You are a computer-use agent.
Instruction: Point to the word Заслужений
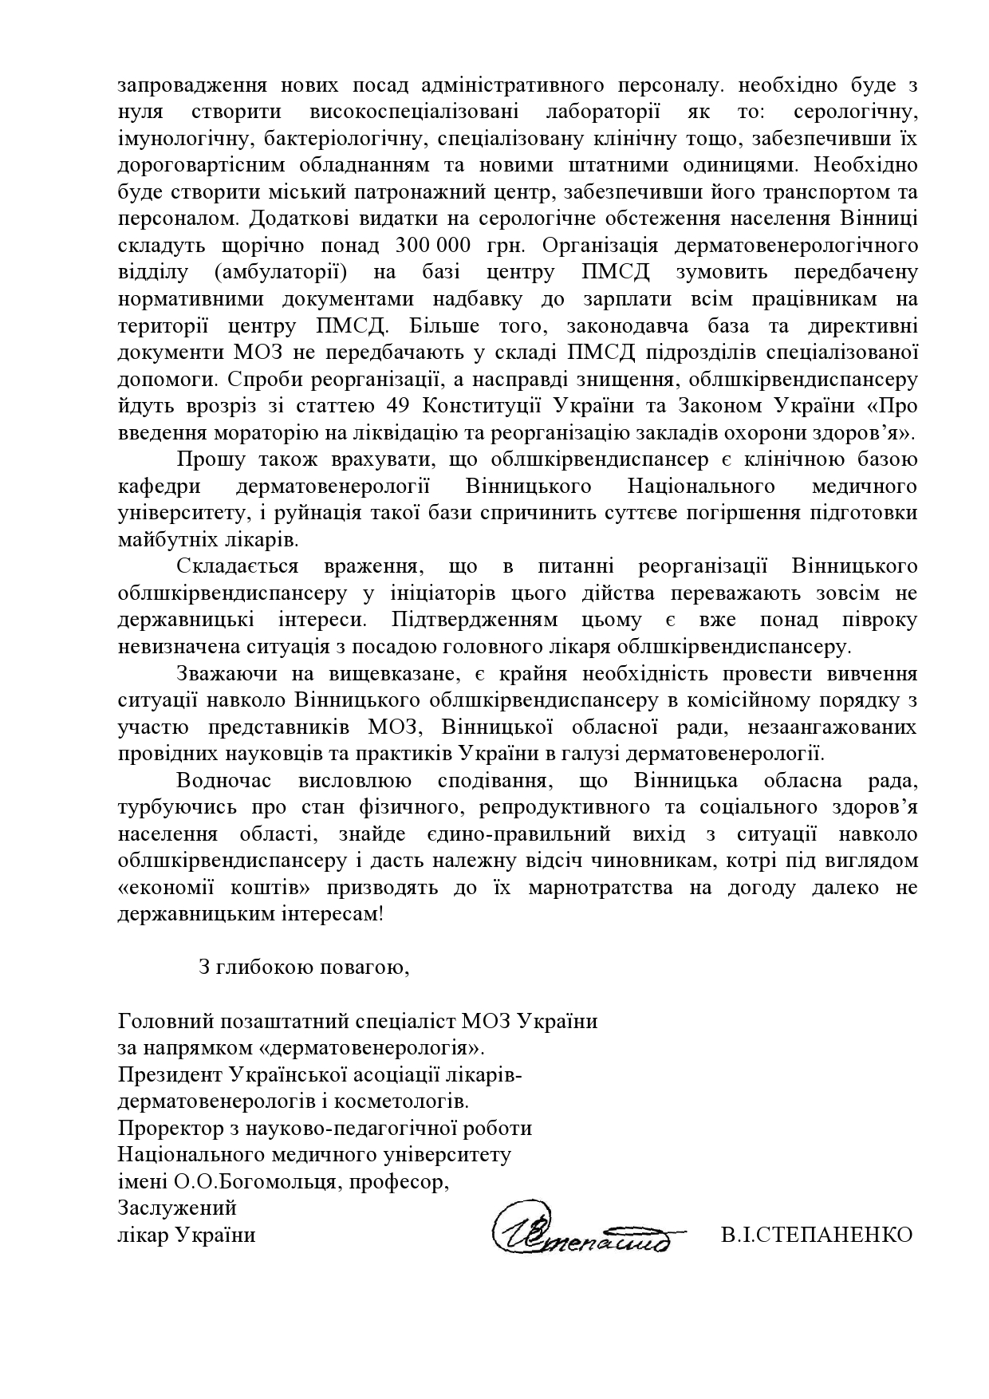pyautogui.click(x=177, y=1208)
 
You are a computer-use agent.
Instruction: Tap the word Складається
pyautogui.click(x=238, y=566)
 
